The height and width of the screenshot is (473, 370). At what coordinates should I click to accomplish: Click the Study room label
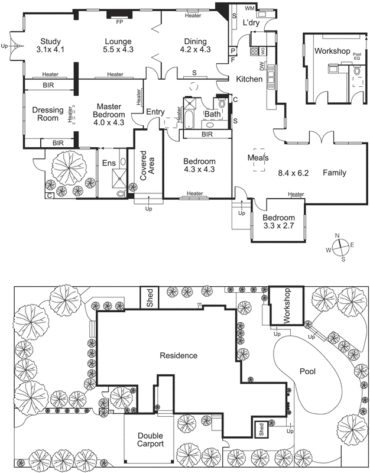pos(47,46)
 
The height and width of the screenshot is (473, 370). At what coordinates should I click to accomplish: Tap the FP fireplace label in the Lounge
pos(119,22)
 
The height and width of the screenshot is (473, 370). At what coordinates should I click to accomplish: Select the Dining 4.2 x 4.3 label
pos(195,46)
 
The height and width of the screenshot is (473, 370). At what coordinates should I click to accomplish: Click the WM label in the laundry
pos(249,9)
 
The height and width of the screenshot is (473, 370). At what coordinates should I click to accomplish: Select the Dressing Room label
pos(46,114)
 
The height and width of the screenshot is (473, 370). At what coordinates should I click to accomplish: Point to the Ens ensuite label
pos(109,163)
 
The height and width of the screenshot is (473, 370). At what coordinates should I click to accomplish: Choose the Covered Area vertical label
pos(147,165)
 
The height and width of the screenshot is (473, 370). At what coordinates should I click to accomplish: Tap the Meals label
pos(258,158)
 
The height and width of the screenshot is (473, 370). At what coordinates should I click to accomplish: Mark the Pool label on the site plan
pos(307,372)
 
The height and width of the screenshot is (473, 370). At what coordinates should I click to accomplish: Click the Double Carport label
pos(143,439)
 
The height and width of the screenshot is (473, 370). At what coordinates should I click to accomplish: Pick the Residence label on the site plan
pos(178,355)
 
